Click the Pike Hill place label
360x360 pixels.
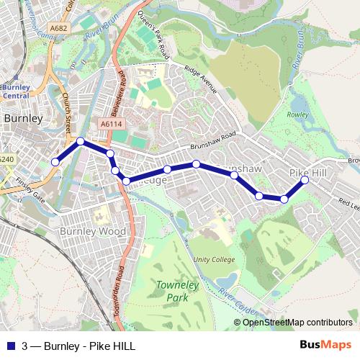[307, 173]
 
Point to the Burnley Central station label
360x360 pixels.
[17, 91]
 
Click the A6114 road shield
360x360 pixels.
[111, 124]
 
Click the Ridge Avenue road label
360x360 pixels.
[201, 80]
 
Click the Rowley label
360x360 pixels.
[298, 114]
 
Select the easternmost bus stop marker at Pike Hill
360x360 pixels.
[305, 181]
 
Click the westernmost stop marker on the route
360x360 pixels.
[55, 163]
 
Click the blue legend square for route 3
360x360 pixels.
[12, 346]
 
